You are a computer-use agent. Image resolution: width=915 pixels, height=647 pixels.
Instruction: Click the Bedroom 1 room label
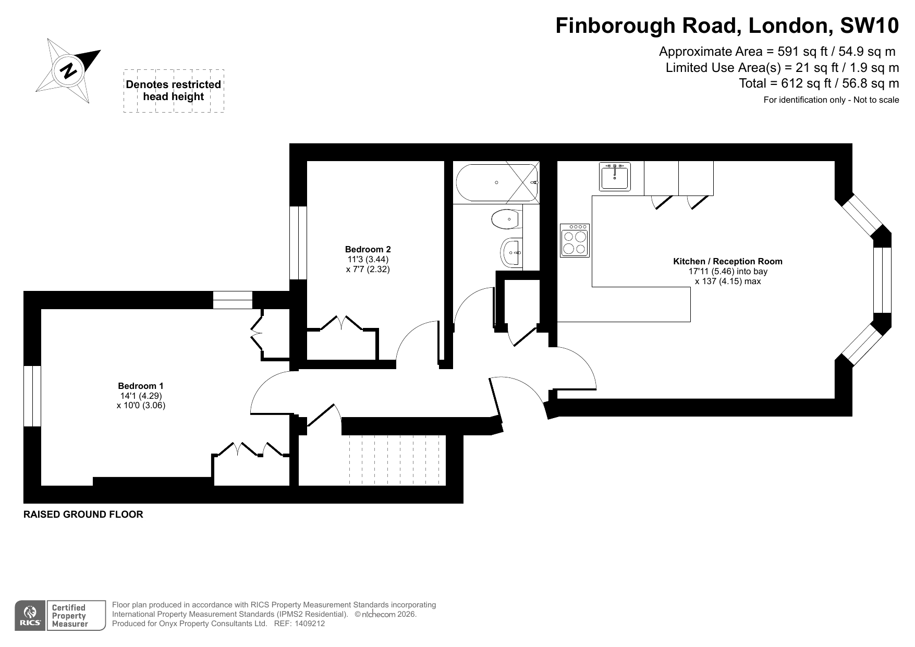pos(141,386)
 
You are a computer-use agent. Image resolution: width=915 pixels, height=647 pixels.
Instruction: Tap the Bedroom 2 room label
pos(368,250)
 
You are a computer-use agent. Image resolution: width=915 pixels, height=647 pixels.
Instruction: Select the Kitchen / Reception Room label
pos(728,261)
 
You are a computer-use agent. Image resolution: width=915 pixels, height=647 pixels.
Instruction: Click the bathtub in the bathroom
pos(497,183)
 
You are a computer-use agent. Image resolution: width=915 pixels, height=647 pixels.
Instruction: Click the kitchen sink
pos(615,176)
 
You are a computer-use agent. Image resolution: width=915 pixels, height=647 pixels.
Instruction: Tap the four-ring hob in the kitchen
pos(575,240)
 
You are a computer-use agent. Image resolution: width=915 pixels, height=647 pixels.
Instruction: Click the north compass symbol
pos(68,70)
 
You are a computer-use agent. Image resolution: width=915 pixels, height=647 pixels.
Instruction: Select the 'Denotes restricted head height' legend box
pos(174,91)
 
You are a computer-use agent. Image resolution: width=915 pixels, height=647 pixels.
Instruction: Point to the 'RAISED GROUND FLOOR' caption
pos(83,515)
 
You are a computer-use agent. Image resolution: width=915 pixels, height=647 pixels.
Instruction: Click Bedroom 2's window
pos(298,243)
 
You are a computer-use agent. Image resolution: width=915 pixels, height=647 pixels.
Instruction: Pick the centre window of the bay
pos(882,280)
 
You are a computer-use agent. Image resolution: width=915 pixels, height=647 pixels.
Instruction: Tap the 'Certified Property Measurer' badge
pos(68,616)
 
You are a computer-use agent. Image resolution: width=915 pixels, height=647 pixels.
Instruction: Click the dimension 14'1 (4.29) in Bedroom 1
pos(141,396)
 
